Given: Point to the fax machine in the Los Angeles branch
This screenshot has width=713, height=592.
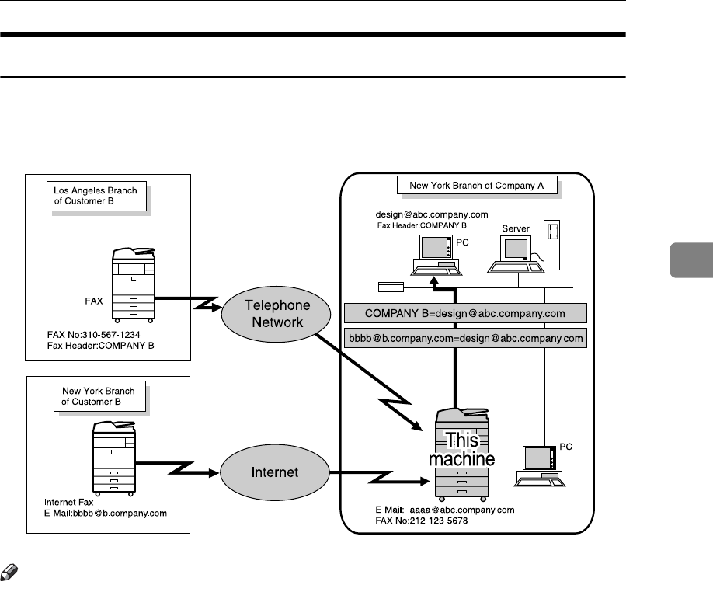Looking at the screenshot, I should (134, 285).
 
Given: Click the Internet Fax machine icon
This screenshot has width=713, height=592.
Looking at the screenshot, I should (113, 459).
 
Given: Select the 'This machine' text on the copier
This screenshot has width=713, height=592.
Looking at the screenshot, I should (462, 449).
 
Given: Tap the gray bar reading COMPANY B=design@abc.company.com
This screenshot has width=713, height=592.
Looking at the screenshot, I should (464, 314).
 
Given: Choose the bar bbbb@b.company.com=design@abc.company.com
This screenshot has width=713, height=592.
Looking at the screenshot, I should (464, 339).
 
